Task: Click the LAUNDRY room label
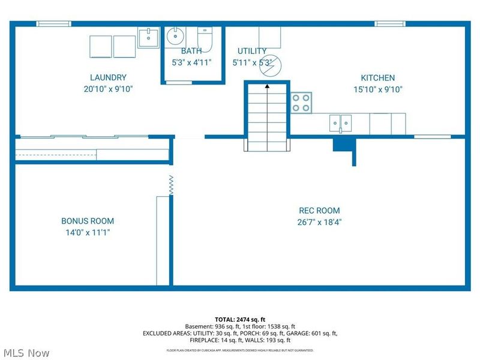point(108,77)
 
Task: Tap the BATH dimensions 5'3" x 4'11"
point(191,63)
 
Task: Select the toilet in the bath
point(205,40)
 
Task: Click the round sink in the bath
point(175,37)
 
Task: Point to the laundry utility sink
point(148,37)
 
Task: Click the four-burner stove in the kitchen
point(301,103)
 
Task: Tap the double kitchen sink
point(340,124)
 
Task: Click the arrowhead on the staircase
point(267,86)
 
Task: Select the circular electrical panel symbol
point(271,66)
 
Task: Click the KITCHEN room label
point(378,78)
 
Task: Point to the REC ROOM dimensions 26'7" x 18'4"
point(319,222)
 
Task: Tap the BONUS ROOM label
point(88,221)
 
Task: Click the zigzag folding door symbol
point(171,185)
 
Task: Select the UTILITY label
point(252,51)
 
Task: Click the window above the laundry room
point(54,24)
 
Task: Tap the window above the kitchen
point(390,24)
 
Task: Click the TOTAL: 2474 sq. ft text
point(240,320)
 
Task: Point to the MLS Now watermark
point(25,353)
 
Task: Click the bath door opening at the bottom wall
point(179,83)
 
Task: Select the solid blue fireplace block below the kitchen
point(344,145)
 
